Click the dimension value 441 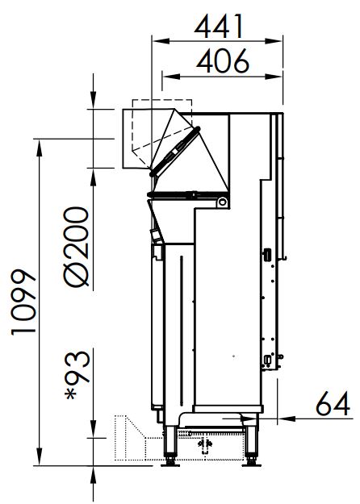(x=219, y=26)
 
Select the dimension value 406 (x=223, y=61)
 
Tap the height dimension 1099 (x=23, y=302)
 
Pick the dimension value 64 (x=333, y=403)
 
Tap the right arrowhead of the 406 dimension (x=274, y=77)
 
